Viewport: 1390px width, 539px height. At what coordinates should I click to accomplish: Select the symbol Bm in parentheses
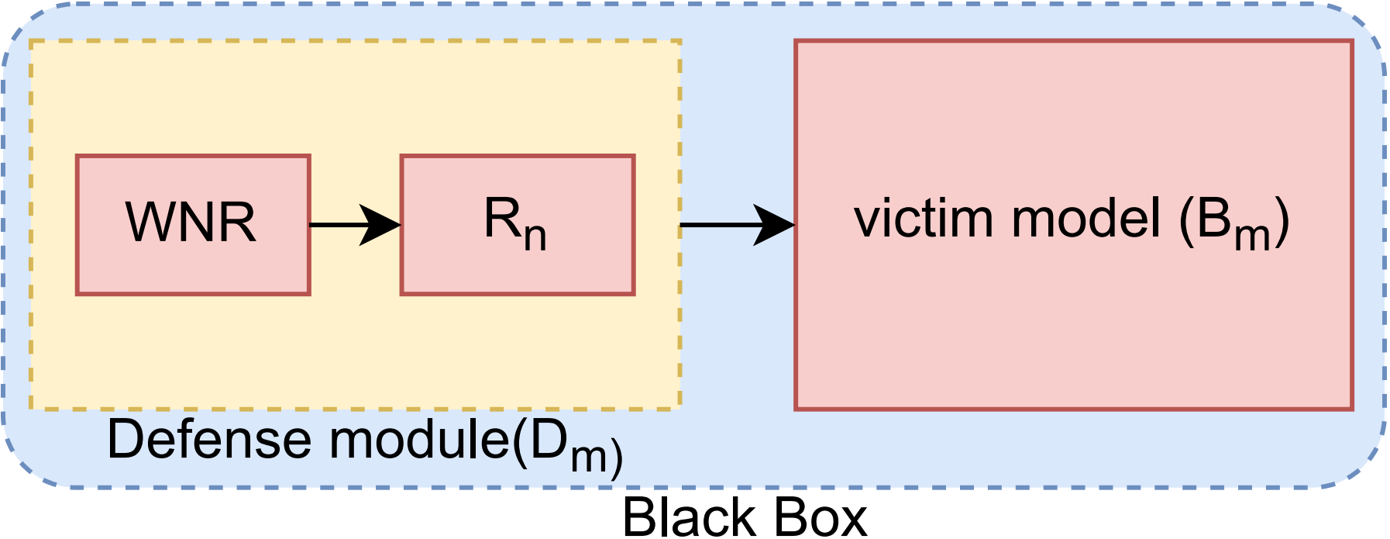[1232, 223]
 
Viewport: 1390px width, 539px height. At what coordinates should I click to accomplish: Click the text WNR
[191, 223]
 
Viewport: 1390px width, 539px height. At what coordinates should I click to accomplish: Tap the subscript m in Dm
[589, 458]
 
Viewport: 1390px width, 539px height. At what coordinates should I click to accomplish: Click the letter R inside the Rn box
[502, 219]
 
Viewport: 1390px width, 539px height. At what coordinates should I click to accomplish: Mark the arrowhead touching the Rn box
[384, 225]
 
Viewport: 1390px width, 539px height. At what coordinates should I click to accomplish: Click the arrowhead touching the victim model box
[776, 225]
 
